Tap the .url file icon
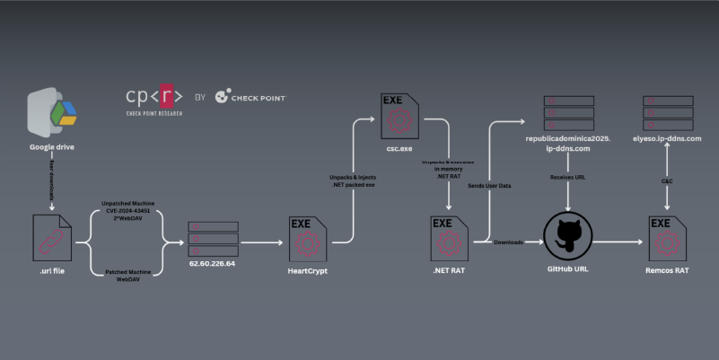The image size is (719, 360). [x=53, y=238]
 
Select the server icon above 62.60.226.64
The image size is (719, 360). [x=213, y=239]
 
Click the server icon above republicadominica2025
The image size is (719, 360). [x=568, y=111]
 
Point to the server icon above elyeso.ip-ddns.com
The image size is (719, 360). [x=666, y=111]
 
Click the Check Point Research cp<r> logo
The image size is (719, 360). [x=154, y=96]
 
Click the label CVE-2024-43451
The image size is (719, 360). [x=128, y=212]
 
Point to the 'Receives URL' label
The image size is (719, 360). [x=568, y=176]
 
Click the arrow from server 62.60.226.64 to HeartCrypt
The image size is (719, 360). [x=262, y=241]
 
